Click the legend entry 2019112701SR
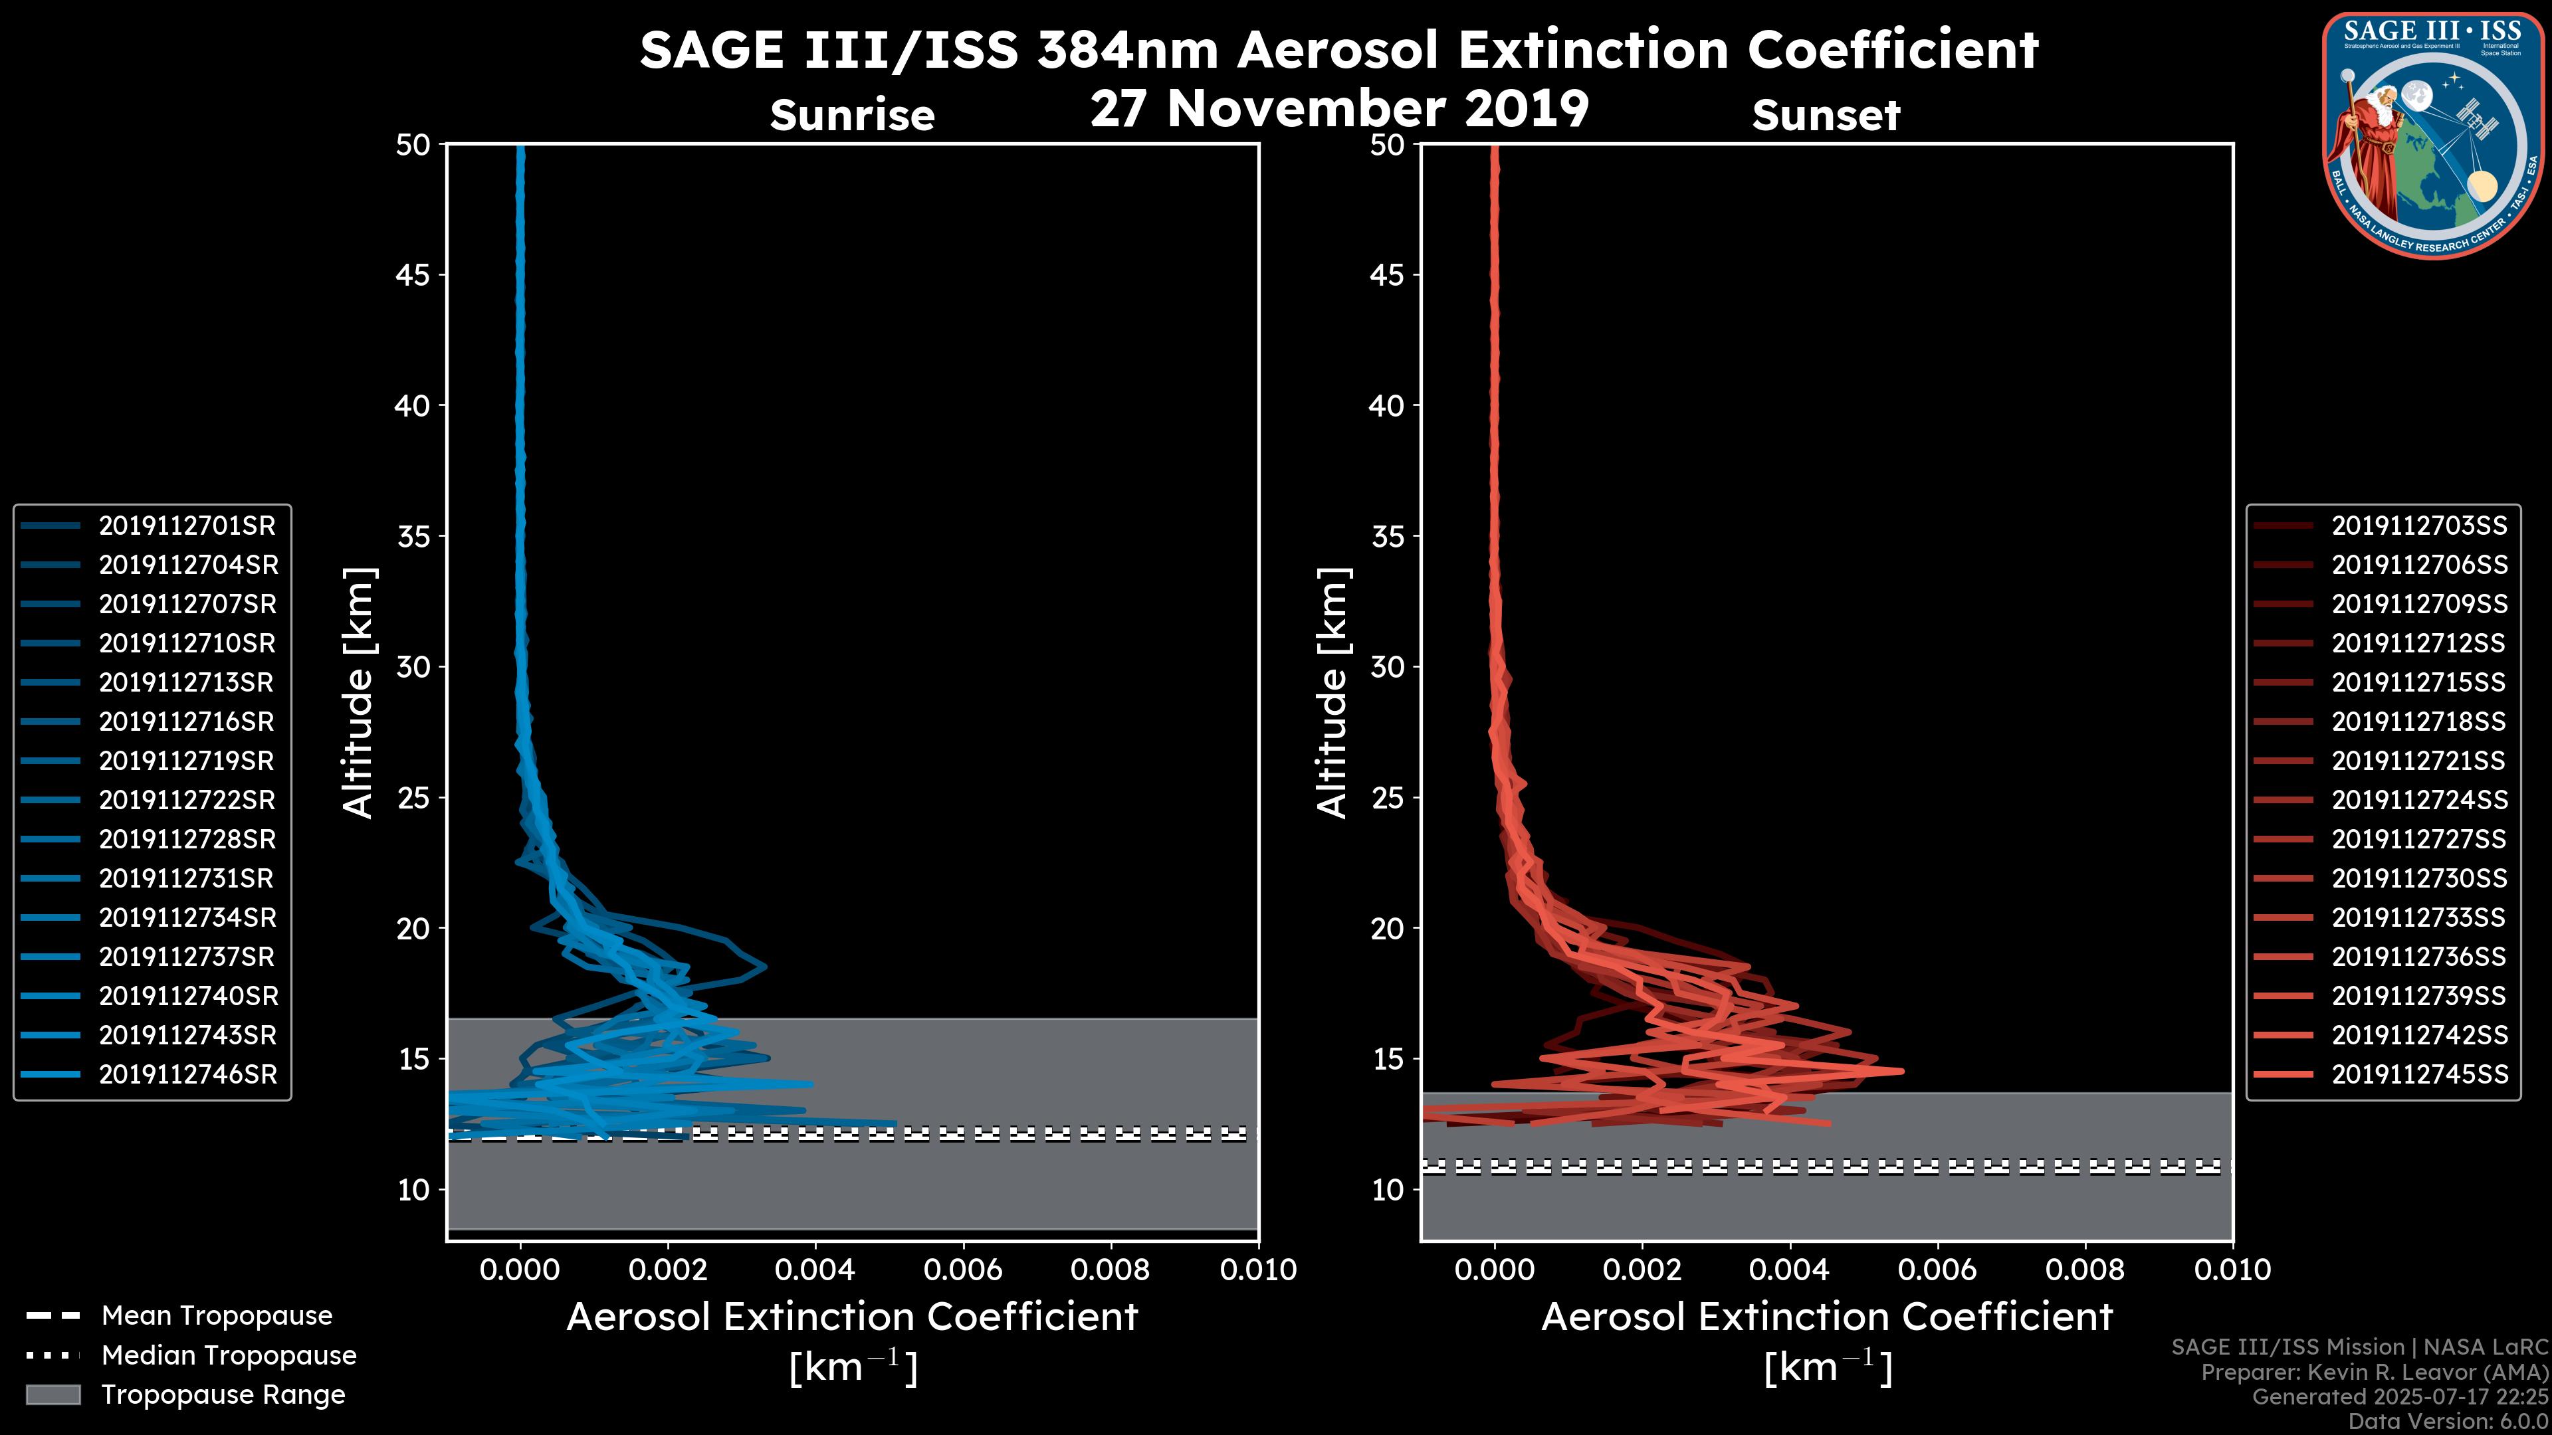[x=186, y=526]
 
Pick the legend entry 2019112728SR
[x=186, y=840]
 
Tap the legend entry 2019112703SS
[x=2418, y=526]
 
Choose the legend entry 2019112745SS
[x=2418, y=1074]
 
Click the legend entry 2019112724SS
[x=2418, y=800]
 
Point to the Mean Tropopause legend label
[x=216, y=1316]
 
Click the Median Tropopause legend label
[x=228, y=1356]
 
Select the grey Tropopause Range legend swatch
[x=53, y=1395]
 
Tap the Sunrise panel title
[x=852, y=116]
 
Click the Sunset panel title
[x=1826, y=116]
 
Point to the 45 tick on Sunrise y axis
[x=414, y=275]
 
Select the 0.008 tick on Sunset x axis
[x=2085, y=1270]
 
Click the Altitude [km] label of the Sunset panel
[x=1332, y=693]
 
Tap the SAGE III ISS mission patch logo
[x=2430, y=135]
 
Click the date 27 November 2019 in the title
[x=1338, y=109]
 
